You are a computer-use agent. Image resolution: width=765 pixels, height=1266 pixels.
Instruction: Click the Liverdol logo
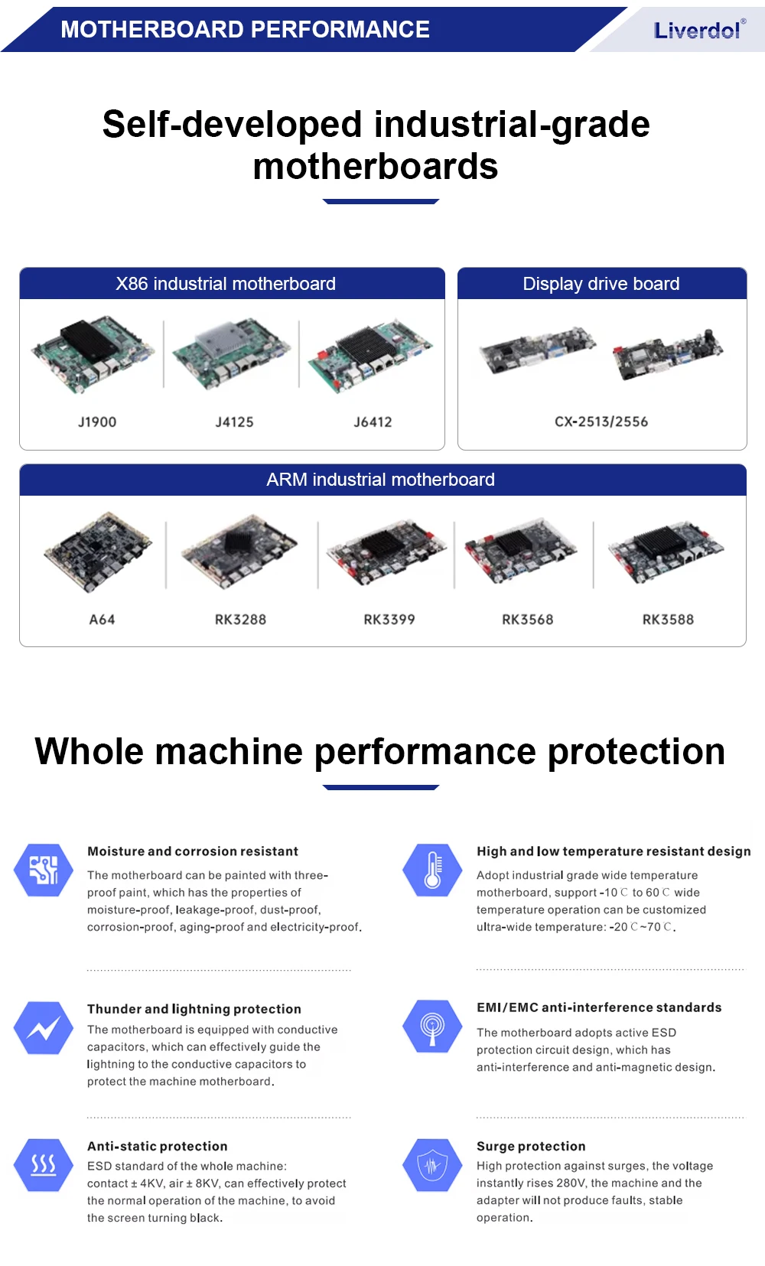(698, 31)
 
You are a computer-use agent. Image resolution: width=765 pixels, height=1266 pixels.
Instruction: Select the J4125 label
(234, 422)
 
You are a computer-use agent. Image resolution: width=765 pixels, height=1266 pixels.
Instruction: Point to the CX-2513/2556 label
(601, 421)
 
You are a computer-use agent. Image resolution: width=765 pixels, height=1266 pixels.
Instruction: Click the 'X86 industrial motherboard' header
(226, 284)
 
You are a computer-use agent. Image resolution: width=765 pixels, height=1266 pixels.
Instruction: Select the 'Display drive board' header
(601, 284)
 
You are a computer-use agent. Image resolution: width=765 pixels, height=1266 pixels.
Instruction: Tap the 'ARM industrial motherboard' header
(381, 480)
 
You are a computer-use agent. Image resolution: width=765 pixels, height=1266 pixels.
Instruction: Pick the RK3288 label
(240, 620)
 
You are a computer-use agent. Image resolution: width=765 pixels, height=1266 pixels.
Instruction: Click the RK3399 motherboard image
(386, 552)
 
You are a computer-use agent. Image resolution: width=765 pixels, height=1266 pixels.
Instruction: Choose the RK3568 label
(527, 620)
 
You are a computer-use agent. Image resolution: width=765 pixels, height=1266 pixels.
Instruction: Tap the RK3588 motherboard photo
(666, 552)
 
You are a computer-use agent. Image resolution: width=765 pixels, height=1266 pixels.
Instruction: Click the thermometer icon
(432, 870)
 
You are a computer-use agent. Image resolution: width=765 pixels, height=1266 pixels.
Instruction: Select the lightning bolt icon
(44, 1027)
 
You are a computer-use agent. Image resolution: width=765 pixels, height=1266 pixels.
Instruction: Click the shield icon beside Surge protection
(432, 1165)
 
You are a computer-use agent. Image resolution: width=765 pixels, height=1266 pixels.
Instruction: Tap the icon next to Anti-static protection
(44, 1165)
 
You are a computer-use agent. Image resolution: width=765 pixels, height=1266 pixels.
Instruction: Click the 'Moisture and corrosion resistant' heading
(193, 851)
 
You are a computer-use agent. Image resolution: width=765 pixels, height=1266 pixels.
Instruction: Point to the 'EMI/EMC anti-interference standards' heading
(599, 1007)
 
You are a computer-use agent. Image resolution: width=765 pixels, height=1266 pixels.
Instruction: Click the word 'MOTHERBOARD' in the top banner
(151, 30)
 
